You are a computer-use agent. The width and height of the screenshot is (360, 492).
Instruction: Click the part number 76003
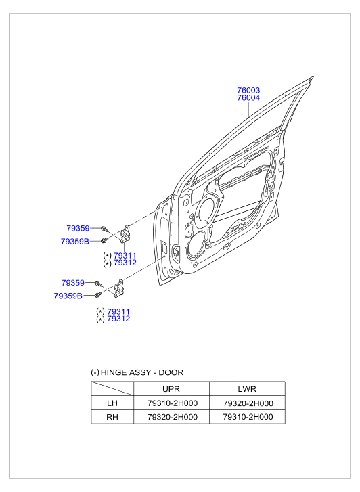[248, 90]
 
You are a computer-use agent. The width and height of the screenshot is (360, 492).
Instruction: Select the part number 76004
[248, 98]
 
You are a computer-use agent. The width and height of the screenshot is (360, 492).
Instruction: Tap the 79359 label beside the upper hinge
[78, 228]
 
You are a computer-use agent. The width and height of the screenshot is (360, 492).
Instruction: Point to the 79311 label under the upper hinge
[125, 255]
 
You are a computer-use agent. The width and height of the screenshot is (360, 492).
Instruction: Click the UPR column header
[172, 389]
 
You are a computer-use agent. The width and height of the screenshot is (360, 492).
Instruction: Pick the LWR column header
[247, 389]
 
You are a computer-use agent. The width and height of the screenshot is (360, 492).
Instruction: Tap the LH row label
[112, 403]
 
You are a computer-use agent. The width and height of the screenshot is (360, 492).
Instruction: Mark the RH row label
[112, 418]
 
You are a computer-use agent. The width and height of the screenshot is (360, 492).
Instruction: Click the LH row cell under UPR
[172, 403]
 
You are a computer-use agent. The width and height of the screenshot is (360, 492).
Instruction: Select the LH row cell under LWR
[247, 403]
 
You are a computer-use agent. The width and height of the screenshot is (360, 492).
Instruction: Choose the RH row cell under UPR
[172, 418]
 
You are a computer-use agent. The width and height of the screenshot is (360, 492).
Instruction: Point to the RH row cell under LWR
[247, 418]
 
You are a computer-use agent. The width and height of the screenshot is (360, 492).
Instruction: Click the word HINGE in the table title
[116, 372]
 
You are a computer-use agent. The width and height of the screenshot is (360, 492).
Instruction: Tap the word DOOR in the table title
[170, 372]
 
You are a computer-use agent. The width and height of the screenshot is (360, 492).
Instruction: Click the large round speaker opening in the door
[197, 244]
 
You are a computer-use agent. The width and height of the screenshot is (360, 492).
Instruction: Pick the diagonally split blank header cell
[112, 389]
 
